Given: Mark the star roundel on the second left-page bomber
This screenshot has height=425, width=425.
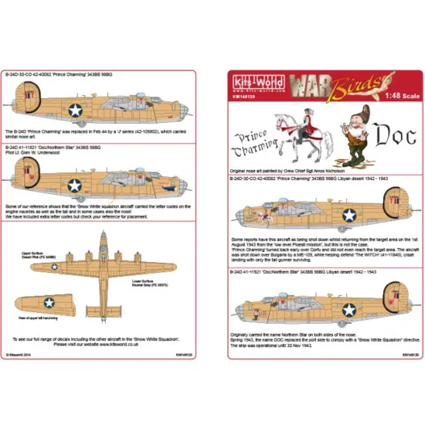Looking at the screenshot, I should tap(75, 185).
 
